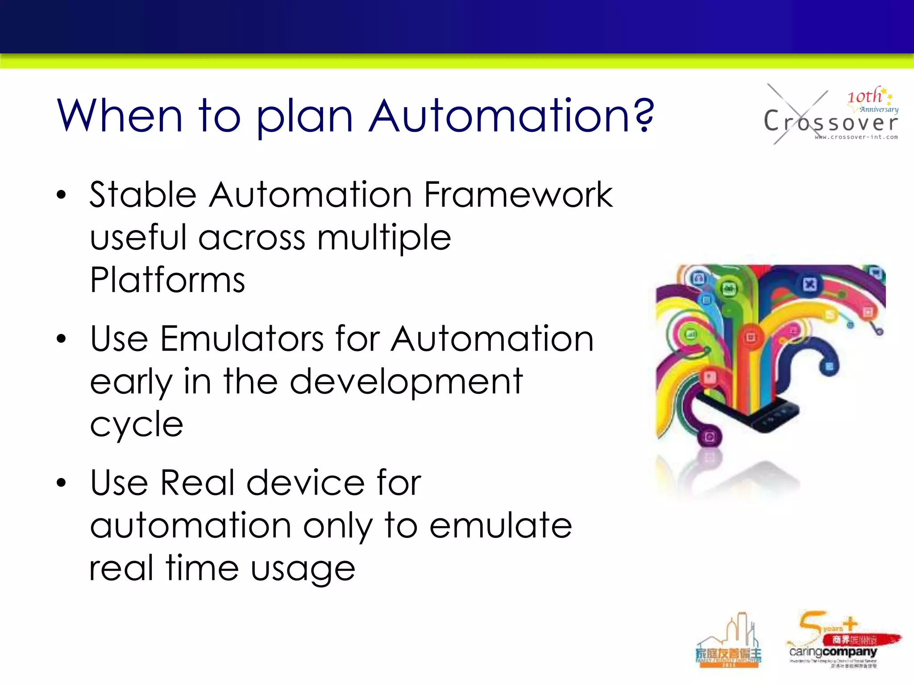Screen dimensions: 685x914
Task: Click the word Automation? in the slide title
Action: [x=511, y=116]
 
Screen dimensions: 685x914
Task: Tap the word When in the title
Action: [x=120, y=116]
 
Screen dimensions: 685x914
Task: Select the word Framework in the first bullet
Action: [x=518, y=195]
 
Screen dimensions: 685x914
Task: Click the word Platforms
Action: [x=167, y=280]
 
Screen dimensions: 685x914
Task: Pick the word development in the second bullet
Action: [x=406, y=382]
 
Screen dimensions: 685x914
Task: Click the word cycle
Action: [x=137, y=425]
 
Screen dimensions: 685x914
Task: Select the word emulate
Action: [x=500, y=526]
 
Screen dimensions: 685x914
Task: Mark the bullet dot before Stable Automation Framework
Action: [x=61, y=195]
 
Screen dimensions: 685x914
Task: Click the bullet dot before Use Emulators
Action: [x=61, y=339]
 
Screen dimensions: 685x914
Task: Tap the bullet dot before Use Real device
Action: [x=61, y=483]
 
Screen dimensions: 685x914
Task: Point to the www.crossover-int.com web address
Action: [x=856, y=137]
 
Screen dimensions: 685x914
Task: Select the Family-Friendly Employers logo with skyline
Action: [x=728, y=642]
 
